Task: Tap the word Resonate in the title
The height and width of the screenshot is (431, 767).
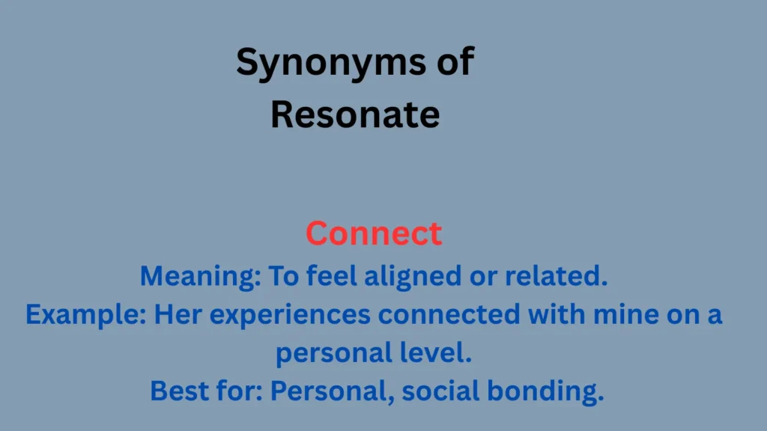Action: [x=355, y=115]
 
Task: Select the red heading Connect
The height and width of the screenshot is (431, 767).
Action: [x=374, y=234]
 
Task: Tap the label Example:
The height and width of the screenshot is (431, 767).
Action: [x=86, y=315]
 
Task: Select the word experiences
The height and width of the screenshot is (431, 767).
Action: [x=290, y=315]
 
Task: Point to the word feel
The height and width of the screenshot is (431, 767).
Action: [x=332, y=277]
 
